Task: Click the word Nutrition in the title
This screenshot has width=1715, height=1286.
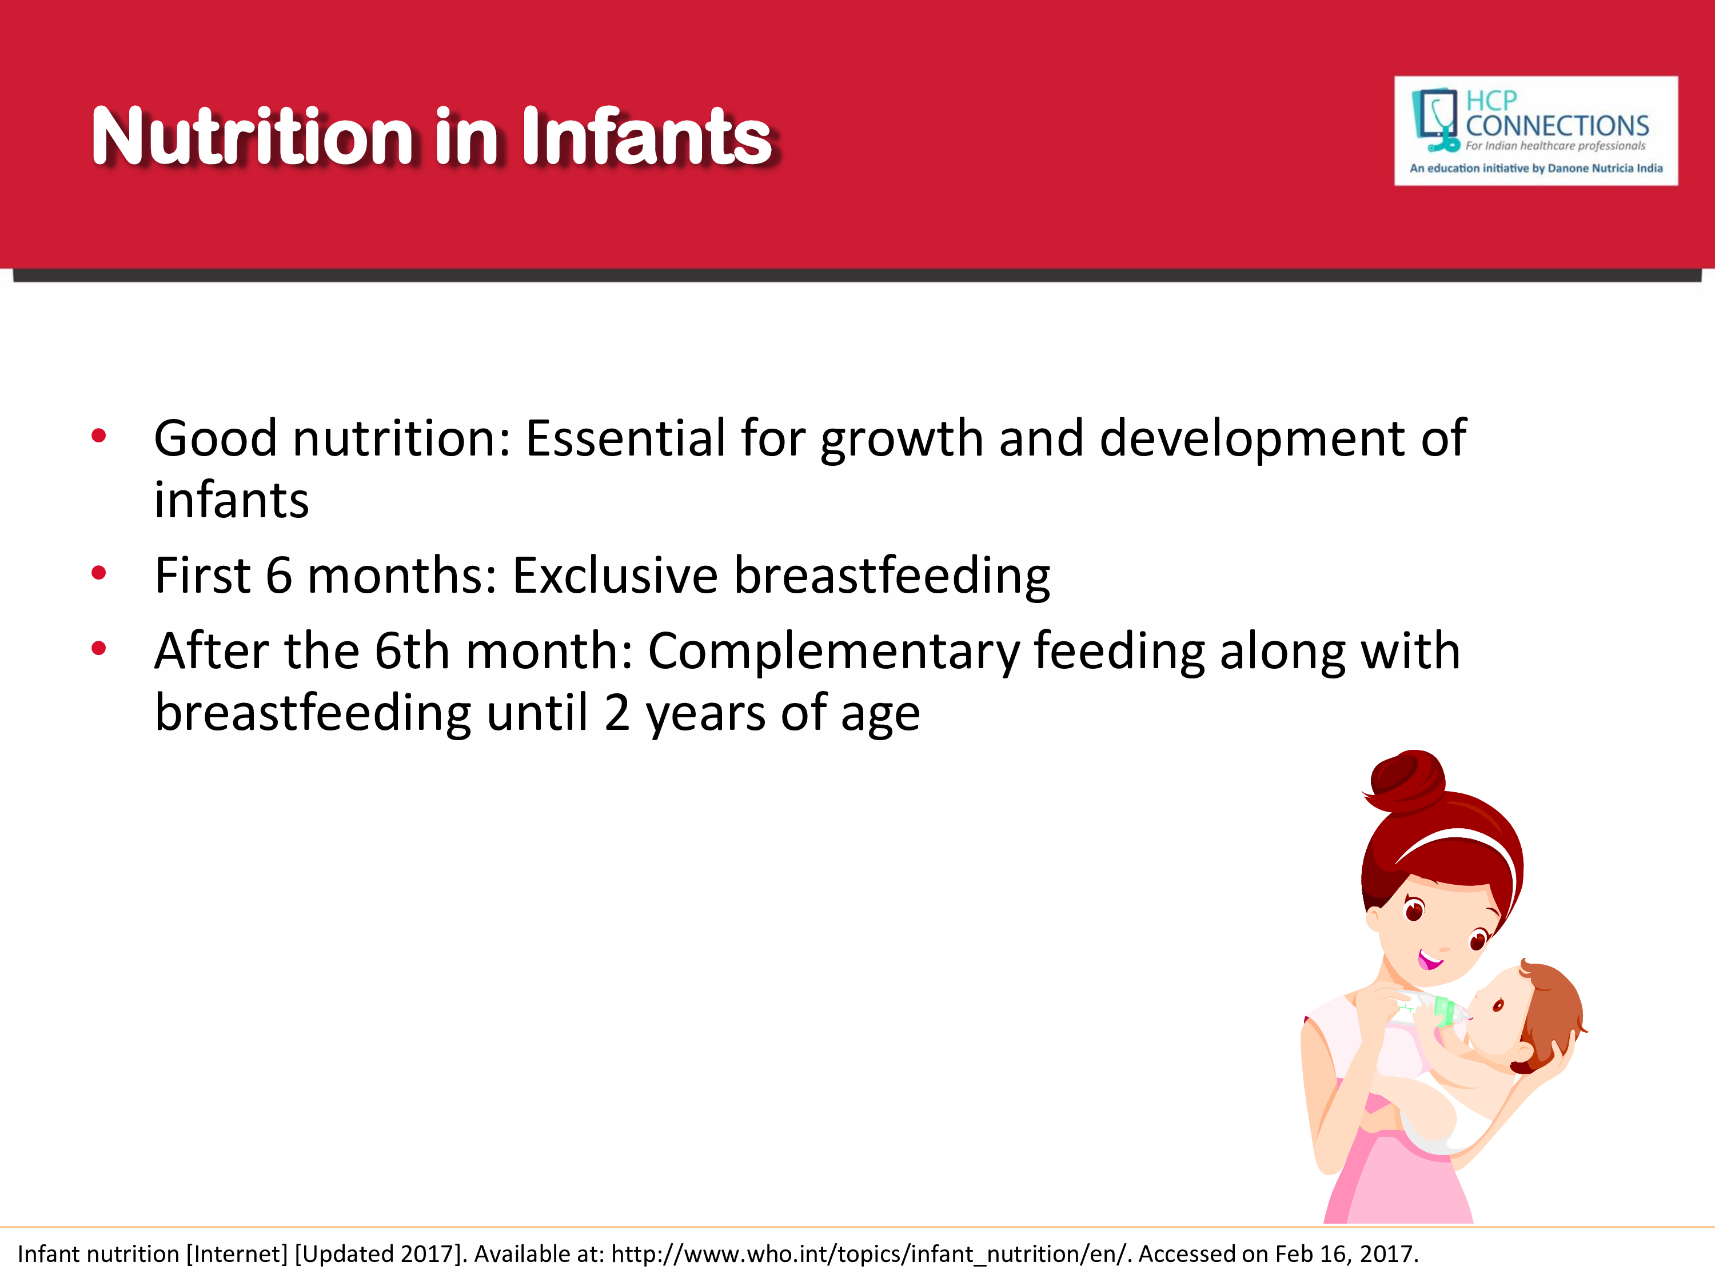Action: point(253,137)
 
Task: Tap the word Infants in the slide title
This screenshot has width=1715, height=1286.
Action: point(647,137)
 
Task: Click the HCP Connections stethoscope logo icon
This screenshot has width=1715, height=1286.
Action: point(1435,119)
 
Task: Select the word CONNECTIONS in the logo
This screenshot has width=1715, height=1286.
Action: point(1557,126)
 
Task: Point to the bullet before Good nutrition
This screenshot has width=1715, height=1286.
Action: point(98,436)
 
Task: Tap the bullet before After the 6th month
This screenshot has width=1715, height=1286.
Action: point(98,648)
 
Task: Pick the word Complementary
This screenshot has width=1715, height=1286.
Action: point(833,653)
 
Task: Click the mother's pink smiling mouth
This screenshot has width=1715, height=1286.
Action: point(1429,961)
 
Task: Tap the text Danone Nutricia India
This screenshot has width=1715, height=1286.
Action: point(1605,168)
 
